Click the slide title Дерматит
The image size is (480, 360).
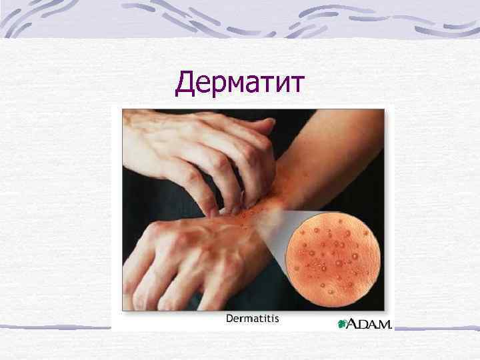click(240, 85)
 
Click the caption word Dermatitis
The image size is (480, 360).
click(253, 319)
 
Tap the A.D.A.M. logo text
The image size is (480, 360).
click(369, 323)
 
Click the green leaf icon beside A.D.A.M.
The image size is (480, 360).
click(343, 324)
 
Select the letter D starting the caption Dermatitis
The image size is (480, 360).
click(230, 319)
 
